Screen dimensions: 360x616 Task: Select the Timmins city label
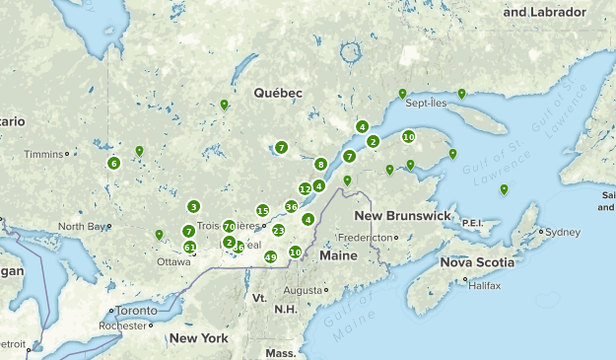(43, 154)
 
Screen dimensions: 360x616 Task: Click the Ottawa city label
(173, 262)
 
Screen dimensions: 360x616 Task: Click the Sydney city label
(564, 233)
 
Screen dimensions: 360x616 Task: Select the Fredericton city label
(366, 238)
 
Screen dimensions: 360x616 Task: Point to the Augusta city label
(302, 291)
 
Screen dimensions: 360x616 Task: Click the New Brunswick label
(402, 216)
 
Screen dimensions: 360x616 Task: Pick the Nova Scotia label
(476, 262)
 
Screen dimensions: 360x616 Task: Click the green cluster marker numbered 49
(271, 257)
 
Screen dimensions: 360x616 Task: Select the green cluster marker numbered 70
(229, 227)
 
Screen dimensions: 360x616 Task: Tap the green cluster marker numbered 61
(189, 248)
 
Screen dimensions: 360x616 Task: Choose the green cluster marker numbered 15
(262, 210)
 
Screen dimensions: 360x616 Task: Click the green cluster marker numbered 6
(114, 163)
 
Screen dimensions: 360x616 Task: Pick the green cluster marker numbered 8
(320, 164)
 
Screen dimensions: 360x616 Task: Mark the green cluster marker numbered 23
(279, 230)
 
